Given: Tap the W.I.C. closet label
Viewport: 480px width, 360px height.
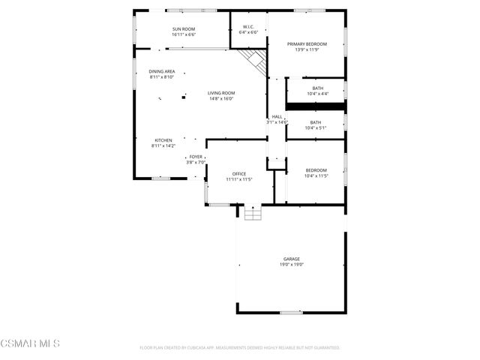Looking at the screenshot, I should tap(248, 28).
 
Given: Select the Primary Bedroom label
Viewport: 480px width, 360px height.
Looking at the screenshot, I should tap(307, 44).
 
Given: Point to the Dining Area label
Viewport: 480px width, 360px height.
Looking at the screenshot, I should tap(162, 71).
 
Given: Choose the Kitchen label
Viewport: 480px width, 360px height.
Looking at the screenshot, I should tap(163, 140).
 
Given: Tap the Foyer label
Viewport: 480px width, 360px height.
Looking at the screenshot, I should tap(195, 156).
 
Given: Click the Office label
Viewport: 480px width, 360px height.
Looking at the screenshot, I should tap(238, 174).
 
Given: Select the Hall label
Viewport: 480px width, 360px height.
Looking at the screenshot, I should tap(277, 116).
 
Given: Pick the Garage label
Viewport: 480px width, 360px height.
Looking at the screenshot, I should tap(292, 259).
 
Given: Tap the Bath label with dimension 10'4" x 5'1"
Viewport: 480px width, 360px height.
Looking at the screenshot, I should tap(315, 122).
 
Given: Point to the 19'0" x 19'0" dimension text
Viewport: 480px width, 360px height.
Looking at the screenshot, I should tap(292, 265).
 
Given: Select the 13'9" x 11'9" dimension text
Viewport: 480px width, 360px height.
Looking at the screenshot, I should tap(307, 50).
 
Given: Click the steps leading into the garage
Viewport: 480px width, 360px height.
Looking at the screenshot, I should tap(253, 213).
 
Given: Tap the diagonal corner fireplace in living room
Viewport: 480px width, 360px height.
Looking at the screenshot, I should tap(254, 61).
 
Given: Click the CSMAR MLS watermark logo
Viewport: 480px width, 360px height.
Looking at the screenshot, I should tap(30, 343).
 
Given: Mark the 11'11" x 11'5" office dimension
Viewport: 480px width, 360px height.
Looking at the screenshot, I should tap(238, 179).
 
